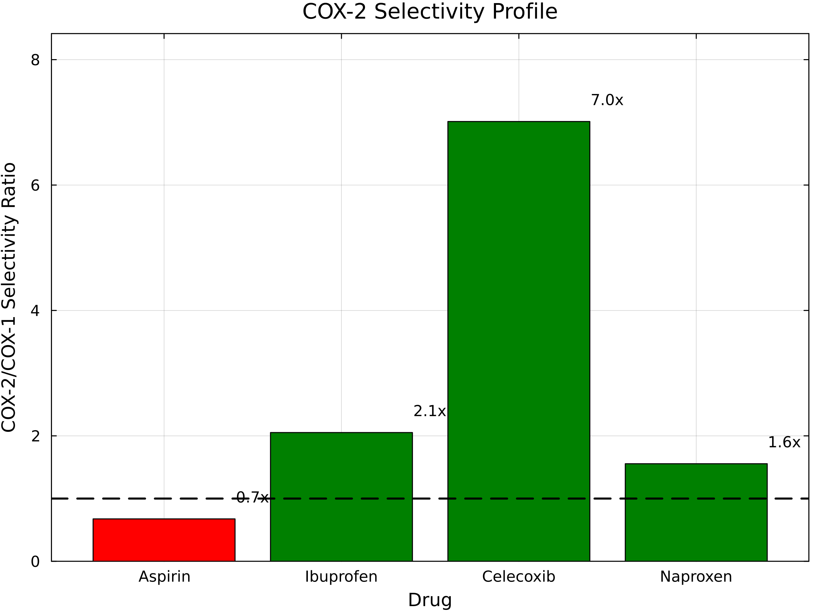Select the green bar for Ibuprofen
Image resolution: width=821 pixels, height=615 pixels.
pos(341,497)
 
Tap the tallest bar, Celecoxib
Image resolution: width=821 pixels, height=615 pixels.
pos(519,341)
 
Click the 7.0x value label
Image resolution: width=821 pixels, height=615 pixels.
pos(607,100)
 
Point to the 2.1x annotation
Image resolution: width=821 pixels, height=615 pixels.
pos(429,411)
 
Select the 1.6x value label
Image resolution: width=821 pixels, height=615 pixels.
pos(784,442)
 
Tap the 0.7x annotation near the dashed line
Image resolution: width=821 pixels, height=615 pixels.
pos(252,497)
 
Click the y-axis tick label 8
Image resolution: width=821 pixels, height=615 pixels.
pos(35,60)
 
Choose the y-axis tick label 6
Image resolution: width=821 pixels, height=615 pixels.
pos(35,185)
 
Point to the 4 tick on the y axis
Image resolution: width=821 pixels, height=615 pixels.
pos(35,311)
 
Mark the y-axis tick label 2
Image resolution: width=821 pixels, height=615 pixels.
pos(35,436)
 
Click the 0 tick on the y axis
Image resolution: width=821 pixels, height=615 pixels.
pos(35,562)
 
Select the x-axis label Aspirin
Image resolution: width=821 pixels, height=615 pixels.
pos(164,577)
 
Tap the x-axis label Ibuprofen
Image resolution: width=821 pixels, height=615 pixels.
pos(341,577)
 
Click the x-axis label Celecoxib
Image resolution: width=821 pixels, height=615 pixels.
pos(519,577)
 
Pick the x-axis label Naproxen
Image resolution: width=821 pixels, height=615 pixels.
pos(696,577)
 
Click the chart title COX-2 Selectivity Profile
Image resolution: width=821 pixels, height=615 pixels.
pos(430,12)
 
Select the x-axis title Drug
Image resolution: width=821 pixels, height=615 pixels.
pos(430,600)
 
